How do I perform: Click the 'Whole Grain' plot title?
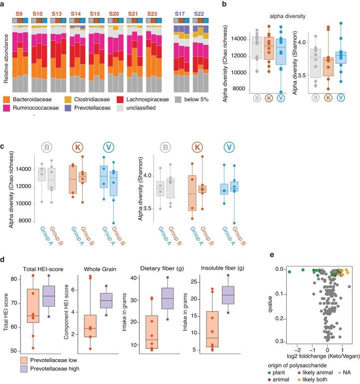point(86,268)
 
